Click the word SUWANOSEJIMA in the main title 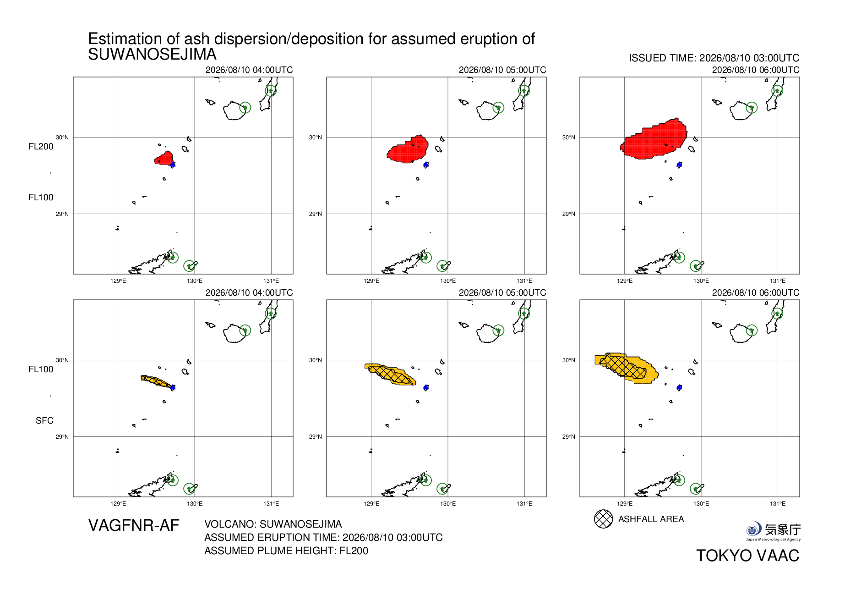(x=152, y=55)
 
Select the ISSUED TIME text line (x=714, y=58)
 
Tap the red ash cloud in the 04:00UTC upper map (x=164, y=158)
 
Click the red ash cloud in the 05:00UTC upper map (x=408, y=149)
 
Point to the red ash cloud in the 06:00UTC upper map (x=654, y=139)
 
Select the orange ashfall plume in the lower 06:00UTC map (x=627, y=368)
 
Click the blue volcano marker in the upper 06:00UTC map (x=679, y=165)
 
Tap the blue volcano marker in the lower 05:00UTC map (x=426, y=387)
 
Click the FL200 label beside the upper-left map (x=41, y=147)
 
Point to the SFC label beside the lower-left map (x=44, y=421)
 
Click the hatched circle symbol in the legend (x=603, y=519)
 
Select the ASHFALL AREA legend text (x=651, y=519)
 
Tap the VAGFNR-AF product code (x=134, y=525)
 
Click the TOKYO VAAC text (x=748, y=556)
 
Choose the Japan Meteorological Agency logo (x=773, y=531)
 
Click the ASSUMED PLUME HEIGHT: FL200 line (x=286, y=551)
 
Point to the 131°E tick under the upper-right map (x=778, y=281)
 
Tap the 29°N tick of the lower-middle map (x=315, y=437)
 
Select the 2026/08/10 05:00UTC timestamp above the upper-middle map (x=502, y=70)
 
